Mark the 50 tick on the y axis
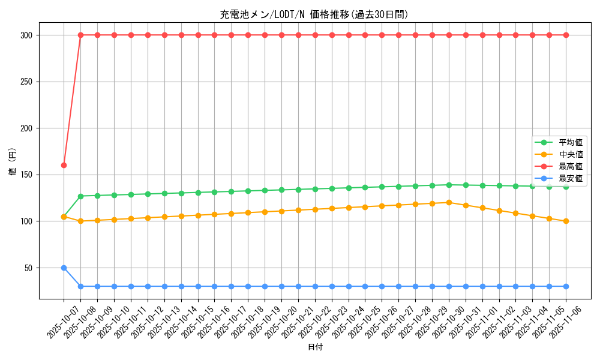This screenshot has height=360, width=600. point(28,268)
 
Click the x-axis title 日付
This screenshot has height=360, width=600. point(315,347)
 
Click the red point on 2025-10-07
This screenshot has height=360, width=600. point(64,165)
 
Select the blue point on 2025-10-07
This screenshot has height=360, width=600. point(64,268)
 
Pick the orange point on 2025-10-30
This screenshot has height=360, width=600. point(449,202)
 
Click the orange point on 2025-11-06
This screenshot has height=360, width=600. point(566,221)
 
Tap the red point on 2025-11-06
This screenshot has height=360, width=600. point(566,35)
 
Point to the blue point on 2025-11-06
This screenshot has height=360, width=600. point(566,286)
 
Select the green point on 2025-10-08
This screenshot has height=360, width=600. point(80,196)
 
